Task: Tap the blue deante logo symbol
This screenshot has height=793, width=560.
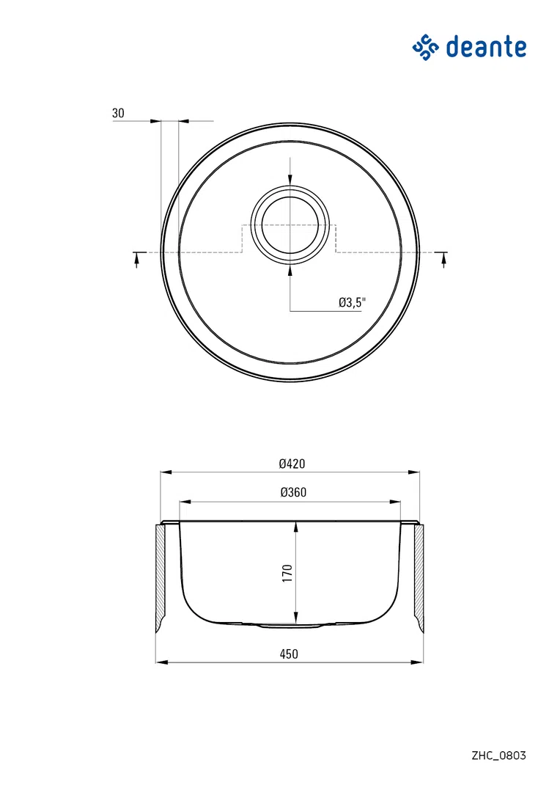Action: click(425, 48)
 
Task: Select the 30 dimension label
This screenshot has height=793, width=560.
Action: click(118, 114)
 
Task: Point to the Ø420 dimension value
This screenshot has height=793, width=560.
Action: click(291, 464)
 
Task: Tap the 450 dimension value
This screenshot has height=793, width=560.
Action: click(289, 654)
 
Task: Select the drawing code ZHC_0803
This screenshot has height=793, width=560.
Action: click(498, 755)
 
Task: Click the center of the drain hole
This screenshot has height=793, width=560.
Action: click(290, 224)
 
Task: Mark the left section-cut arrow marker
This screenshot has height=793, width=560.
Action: click(136, 260)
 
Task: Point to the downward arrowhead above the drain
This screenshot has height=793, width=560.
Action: click(290, 180)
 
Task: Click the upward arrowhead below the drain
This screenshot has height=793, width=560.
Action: click(290, 268)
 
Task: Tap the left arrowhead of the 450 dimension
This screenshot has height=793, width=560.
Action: click(160, 662)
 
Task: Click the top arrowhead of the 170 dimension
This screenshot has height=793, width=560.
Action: click(295, 527)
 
